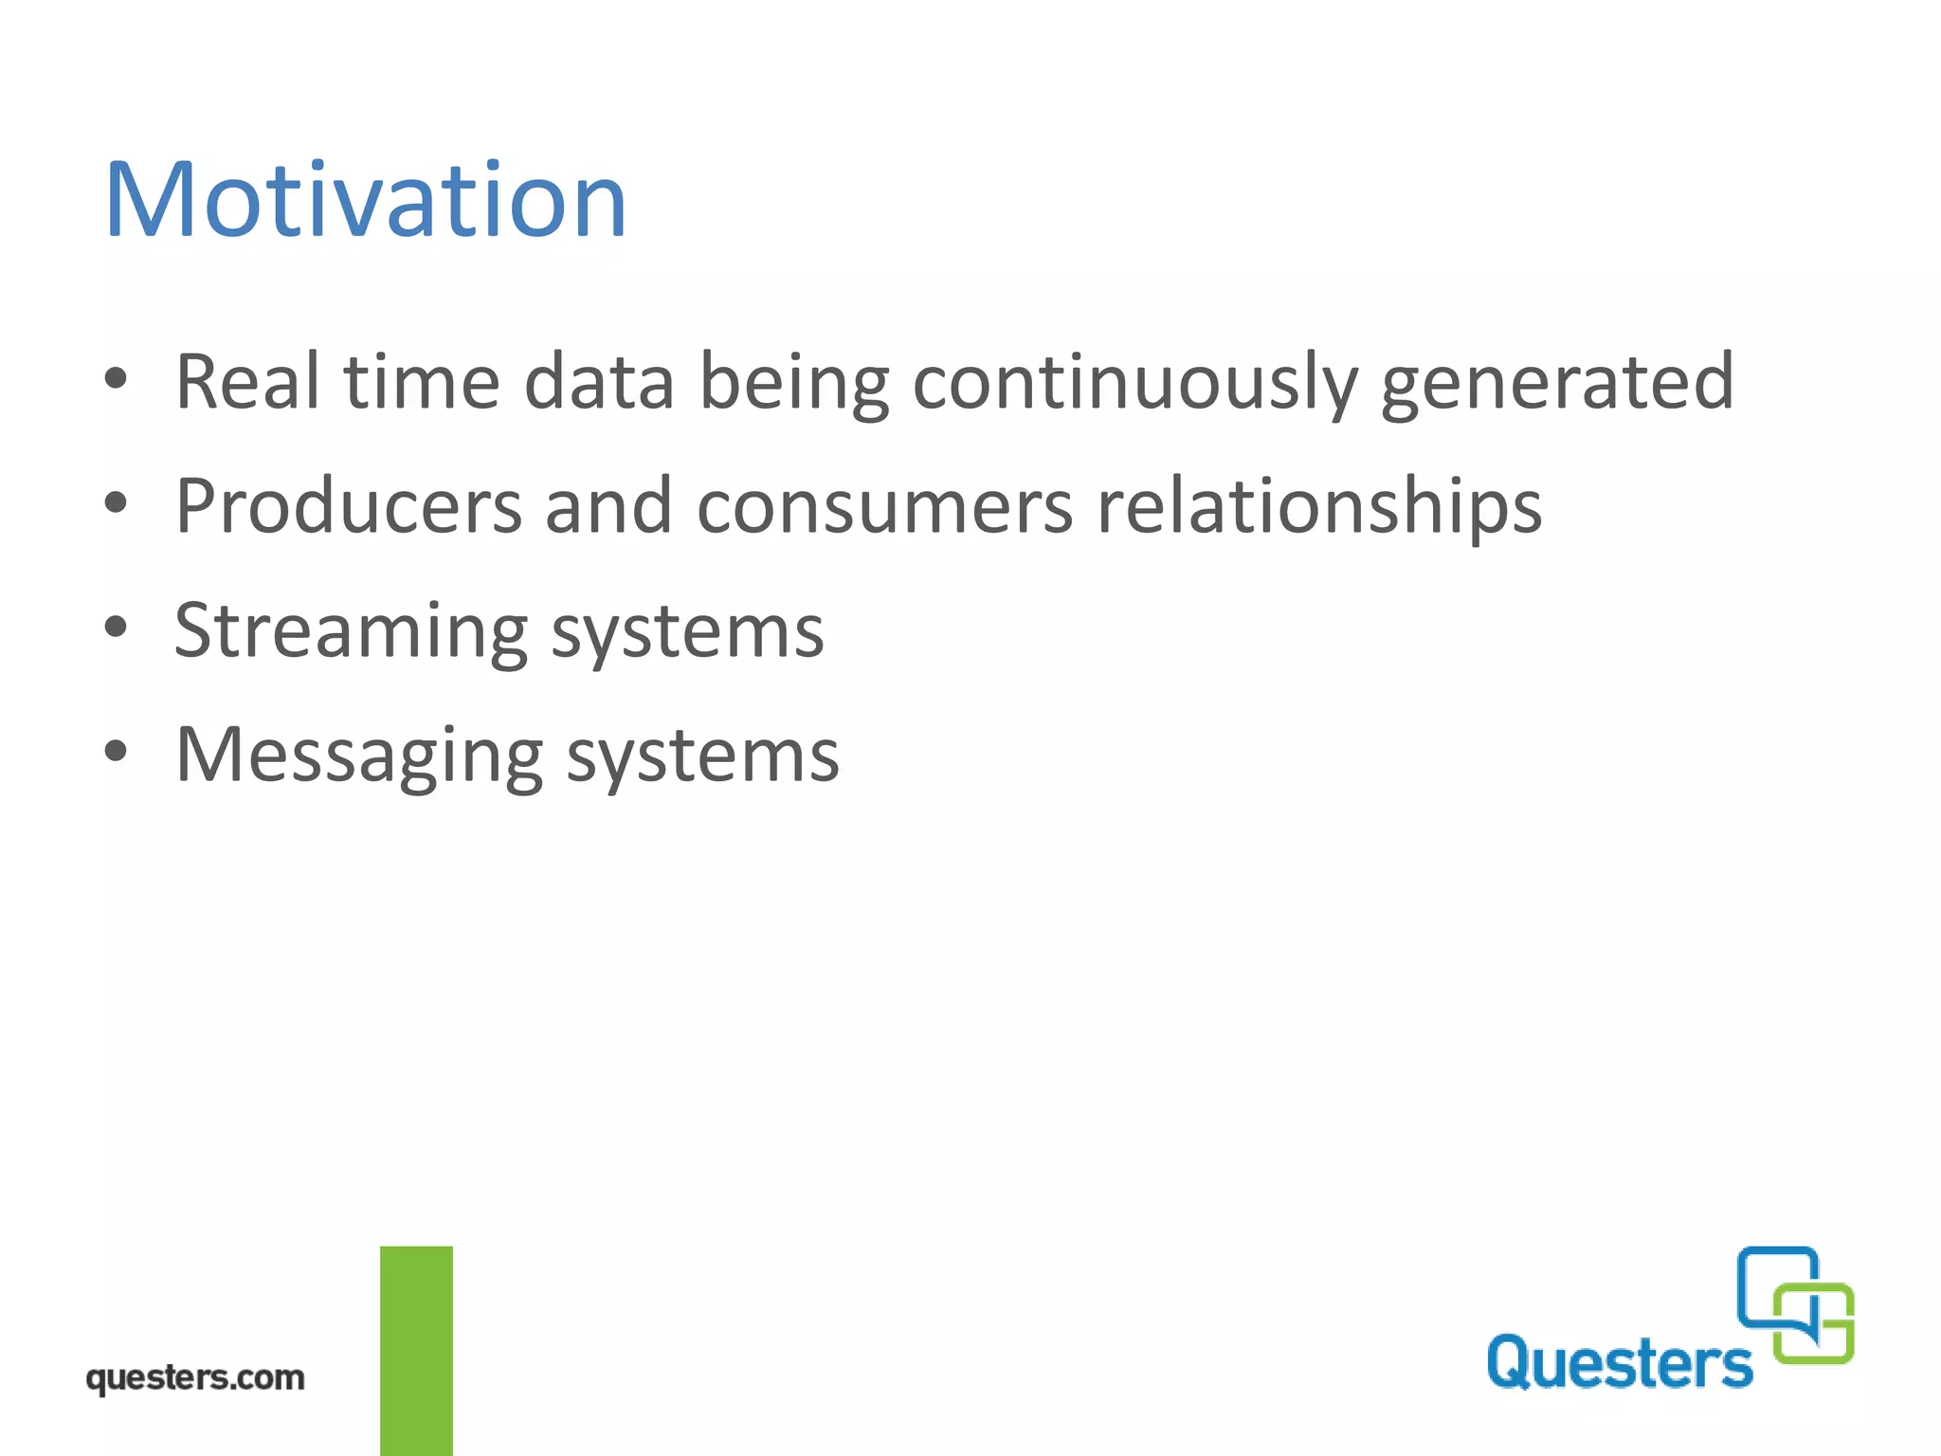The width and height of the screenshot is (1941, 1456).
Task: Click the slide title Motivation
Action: click(x=365, y=201)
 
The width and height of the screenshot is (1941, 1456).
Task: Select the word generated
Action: click(x=1557, y=384)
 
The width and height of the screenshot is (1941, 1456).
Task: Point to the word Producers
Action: click(x=348, y=506)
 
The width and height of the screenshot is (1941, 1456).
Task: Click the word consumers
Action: click(x=884, y=508)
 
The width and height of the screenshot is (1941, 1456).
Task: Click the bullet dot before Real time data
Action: click(x=116, y=379)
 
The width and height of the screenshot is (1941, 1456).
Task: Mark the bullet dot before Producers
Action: click(x=116, y=504)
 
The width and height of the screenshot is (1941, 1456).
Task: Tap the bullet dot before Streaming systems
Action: click(x=116, y=628)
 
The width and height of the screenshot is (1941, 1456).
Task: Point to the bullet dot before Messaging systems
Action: click(x=116, y=752)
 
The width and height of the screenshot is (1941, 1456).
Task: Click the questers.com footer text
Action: click(x=195, y=1377)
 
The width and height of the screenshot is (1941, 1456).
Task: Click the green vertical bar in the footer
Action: click(x=416, y=1350)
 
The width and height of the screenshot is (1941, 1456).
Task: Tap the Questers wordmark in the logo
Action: click(x=1619, y=1363)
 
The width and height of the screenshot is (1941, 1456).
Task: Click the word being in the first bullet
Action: click(x=794, y=384)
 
